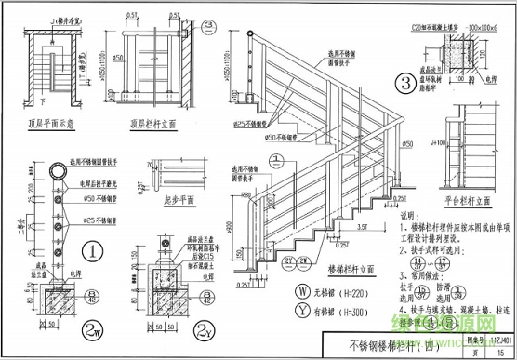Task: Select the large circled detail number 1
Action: pos(94,249)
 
